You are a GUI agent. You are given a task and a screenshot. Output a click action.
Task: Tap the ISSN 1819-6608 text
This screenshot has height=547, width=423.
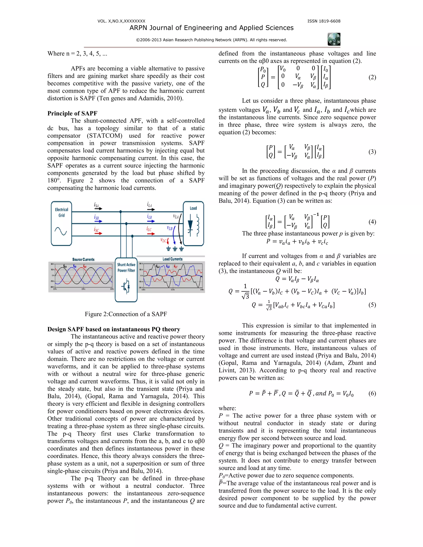pyautogui.click(x=324, y=21)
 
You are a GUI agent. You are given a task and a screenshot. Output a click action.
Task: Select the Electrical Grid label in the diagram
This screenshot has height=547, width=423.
pyautogui.click(x=61, y=212)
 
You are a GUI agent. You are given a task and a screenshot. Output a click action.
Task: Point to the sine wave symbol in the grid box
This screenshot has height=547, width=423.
pyautogui.click(x=61, y=231)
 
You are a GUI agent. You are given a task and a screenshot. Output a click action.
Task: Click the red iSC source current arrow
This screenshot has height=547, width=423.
pyautogui.click(x=98, y=233)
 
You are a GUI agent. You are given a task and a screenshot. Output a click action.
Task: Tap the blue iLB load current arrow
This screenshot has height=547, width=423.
pyautogui.click(x=151, y=221)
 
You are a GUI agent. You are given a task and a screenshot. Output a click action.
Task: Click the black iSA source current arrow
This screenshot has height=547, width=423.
pyautogui.click(x=98, y=208)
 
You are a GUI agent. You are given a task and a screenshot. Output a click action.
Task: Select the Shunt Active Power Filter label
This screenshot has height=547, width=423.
pyautogui.click(x=126, y=268)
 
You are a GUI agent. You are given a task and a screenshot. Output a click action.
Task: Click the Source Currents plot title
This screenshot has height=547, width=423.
pyautogui.click(x=83, y=259)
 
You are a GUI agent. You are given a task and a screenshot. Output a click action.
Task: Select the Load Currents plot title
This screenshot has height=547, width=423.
pyautogui.click(x=172, y=259)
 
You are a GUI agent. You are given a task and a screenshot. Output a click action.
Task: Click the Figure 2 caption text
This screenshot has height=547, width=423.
pyautogui.click(x=126, y=314)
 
